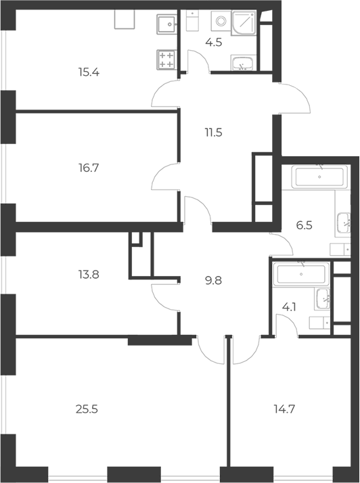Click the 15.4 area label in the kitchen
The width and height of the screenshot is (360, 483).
tap(89, 72)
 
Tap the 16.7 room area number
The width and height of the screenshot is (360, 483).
tap(89, 168)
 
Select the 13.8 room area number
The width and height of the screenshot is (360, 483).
tap(89, 274)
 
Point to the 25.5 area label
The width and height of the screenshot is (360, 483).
tap(87, 409)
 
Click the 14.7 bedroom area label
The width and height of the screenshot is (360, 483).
tap(284, 409)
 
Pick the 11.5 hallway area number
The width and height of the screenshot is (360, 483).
tap(214, 133)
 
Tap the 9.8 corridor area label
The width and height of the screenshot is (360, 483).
tap(214, 281)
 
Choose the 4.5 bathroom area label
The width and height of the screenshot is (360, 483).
tap(214, 42)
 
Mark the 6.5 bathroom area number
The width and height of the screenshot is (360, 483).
tap(305, 225)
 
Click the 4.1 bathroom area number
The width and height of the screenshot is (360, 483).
tap(289, 307)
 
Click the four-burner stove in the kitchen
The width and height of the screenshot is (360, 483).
tap(166, 60)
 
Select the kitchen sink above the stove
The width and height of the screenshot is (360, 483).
tap(166, 24)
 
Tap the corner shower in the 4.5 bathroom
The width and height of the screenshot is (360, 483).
tap(244, 23)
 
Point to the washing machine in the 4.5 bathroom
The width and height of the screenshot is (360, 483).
tap(221, 21)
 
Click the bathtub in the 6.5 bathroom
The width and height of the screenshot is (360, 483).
tap(319, 177)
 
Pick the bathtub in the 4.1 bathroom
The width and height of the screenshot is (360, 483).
tap(301, 274)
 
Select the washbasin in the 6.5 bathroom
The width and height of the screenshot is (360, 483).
tap(343, 223)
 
